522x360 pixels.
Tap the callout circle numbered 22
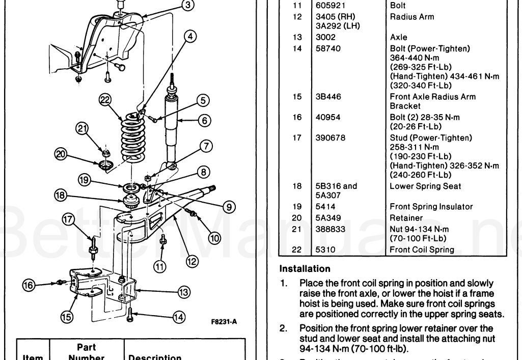105,101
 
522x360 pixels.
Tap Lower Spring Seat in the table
418,186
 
